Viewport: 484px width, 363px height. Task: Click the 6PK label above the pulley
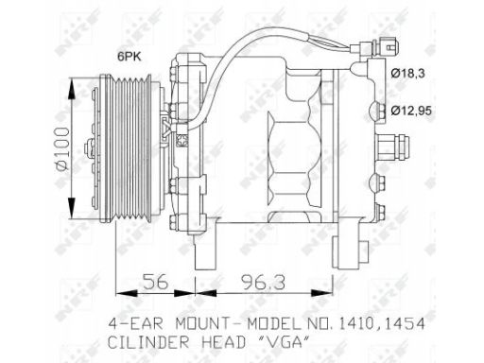click(130, 57)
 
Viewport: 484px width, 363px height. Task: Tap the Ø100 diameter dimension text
click(62, 149)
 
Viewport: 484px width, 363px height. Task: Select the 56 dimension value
click(155, 282)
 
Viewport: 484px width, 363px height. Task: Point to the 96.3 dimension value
click(263, 282)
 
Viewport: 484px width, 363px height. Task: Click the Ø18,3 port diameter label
click(408, 74)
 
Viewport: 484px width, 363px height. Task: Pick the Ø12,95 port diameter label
click(411, 111)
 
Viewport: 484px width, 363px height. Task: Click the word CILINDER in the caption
click(148, 342)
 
